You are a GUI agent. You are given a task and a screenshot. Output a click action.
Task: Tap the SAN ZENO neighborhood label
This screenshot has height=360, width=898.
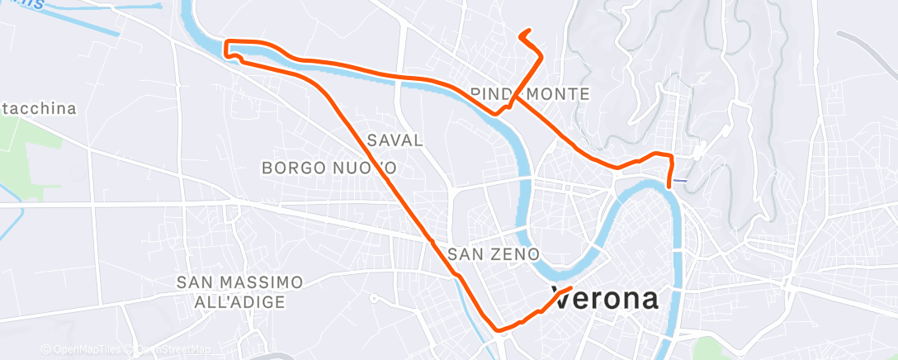click(x=493, y=253)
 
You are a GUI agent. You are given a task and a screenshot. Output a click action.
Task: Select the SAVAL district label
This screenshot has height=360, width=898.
click(x=395, y=140)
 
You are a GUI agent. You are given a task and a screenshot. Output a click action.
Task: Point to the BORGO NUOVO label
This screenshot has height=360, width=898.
click(x=329, y=168)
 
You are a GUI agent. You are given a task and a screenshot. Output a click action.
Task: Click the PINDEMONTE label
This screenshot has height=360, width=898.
click(x=529, y=94)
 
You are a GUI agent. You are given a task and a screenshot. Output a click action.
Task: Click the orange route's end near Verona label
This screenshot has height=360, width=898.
click(x=570, y=288)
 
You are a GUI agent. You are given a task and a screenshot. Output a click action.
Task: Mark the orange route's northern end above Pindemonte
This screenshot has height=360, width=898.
click(x=522, y=36)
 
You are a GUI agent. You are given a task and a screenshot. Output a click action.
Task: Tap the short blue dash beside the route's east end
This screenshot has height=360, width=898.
click(x=679, y=180)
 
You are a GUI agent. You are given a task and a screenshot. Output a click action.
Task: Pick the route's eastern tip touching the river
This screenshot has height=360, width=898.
click(x=668, y=186)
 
